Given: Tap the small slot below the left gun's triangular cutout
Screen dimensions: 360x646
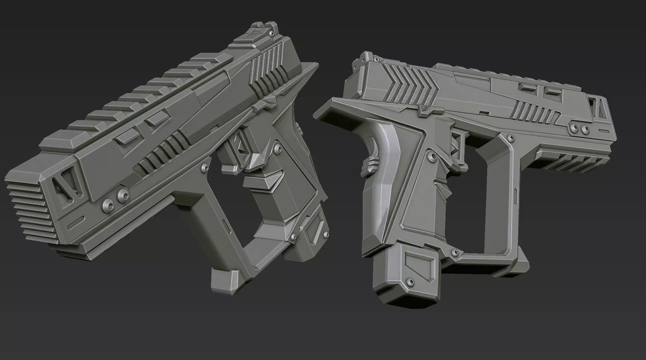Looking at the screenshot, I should pyautogui.click(x=76, y=220).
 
